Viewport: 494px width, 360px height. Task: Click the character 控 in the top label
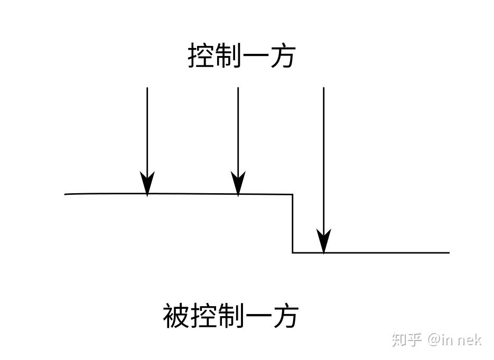click(x=201, y=56)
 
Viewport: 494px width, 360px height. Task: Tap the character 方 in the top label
click(x=282, y=56)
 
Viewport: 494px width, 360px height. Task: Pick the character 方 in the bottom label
click(x=284, y=316)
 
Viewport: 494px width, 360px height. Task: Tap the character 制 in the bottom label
click(x=230, y=316)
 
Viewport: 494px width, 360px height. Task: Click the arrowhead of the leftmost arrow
click(x=147, y=185)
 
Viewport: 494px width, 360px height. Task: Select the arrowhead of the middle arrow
click(x=238, y=185)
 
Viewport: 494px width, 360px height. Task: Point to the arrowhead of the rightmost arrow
click(x=323, y=243)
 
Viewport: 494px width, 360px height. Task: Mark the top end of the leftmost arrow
click(x=147, y=88)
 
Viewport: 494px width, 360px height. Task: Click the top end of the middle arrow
click(x=238, y=88)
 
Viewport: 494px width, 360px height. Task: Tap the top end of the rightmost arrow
click(x=323, y=88)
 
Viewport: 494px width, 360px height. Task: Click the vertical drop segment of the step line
click(x=293, y=224)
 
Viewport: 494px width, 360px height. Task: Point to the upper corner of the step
click(x=293, y=195)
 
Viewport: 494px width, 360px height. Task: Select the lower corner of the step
click(x=293, y=253)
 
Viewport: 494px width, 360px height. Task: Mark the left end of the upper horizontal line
click(x=66, y=194)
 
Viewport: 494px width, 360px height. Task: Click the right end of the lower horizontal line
click(x=449, y=253)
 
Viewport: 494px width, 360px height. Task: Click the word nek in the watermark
click(x=469, y=339)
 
